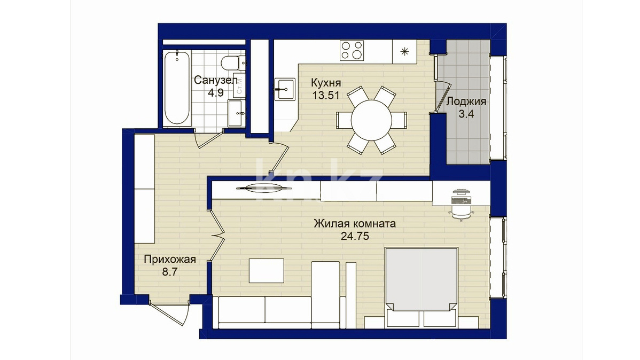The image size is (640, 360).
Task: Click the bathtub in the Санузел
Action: [x=177, y=88]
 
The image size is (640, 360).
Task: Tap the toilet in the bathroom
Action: [x=231, y=63]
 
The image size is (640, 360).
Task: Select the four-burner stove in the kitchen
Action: [x=352, y=51]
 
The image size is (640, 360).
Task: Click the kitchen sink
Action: [x=285, y=89]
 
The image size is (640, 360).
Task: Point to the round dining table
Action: [x=371, y=120]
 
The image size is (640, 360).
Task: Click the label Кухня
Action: [x=326, y=83]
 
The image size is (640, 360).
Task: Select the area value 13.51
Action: [x=326, y=96]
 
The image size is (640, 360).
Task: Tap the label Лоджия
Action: [x=466, y=101]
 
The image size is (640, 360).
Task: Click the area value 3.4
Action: [x=466, y=114]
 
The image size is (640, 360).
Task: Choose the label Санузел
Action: [x=215, y=80]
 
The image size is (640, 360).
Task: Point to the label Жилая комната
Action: [x=355, y=224]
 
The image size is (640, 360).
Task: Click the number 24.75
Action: [x=355, y=236]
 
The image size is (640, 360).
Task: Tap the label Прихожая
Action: [x=170, y=259]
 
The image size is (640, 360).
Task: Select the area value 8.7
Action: [x=170, y=272]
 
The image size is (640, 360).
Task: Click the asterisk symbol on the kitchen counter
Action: [x=404, y=51]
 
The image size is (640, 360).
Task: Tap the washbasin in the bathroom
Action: [x=237, y=113]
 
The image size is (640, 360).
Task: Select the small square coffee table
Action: [x=267, y=271]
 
